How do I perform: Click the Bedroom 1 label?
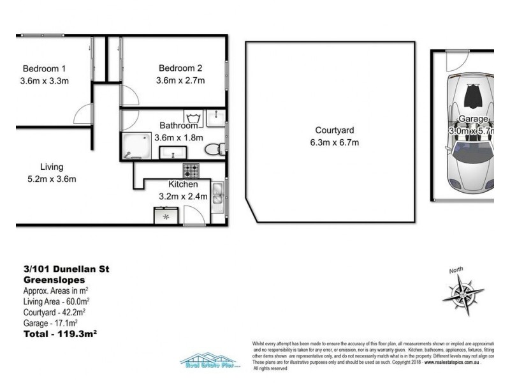(45, 68)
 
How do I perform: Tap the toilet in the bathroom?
(214, 149)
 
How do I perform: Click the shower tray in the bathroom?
(136, 146)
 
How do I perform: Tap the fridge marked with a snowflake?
(166, 216)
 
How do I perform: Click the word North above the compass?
(456, 271)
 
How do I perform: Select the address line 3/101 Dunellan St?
(66, 269)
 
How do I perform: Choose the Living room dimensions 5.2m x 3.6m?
(51, 179)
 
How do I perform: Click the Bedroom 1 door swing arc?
(83, 114)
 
